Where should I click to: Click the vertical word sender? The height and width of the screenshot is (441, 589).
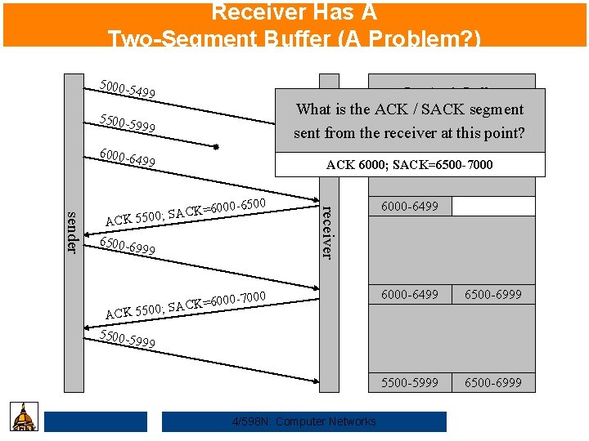pyautogui.click(x=72, y=232)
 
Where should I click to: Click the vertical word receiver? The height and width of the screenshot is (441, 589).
pyautogui.click(x=326, y=231)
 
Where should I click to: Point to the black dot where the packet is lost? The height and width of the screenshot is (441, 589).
pyautogui.click(x=217, y=148)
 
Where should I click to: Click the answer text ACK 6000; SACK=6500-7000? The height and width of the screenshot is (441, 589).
pyautogui.click(x=409, y=165)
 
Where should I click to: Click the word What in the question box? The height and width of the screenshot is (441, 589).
pyautogui.click(x=312, y=109)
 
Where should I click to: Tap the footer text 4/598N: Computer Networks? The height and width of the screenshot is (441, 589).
pyautogui.click(x=303, y=421)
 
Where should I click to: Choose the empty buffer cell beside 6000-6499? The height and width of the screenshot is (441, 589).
pyautogui.click(x=493, y=206)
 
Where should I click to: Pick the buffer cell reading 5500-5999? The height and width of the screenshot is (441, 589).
pyautogui.click(x=409, y=382)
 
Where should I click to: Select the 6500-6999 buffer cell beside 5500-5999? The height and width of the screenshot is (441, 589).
pyautogui.click(x=493, y=382)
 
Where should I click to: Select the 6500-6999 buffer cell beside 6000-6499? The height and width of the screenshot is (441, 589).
pyautogui.click(x=493, y=294)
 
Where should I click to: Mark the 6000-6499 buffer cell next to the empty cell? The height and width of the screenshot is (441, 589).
pyautogui.click(x=409, y=206)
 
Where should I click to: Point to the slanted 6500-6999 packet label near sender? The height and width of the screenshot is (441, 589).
pyautogui.click(x=127, y=247)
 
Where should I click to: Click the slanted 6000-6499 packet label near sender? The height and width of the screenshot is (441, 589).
pyautogui.click(x=127, y=158)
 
